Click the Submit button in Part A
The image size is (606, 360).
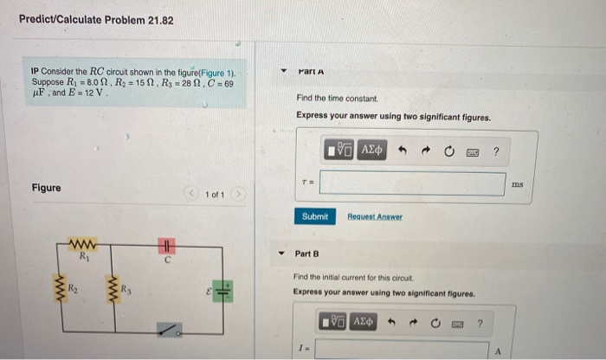[314, 216]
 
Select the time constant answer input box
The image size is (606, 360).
[412, 183]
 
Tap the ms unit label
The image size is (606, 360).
[518, 183]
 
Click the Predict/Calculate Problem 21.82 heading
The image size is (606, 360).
[95, 19]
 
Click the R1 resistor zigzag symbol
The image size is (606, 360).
[84, 244]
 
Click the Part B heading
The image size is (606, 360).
[307, 254]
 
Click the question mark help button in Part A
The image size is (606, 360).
[496, 151]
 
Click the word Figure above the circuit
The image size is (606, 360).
[46, 188]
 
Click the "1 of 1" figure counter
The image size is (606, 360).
[215, 195]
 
